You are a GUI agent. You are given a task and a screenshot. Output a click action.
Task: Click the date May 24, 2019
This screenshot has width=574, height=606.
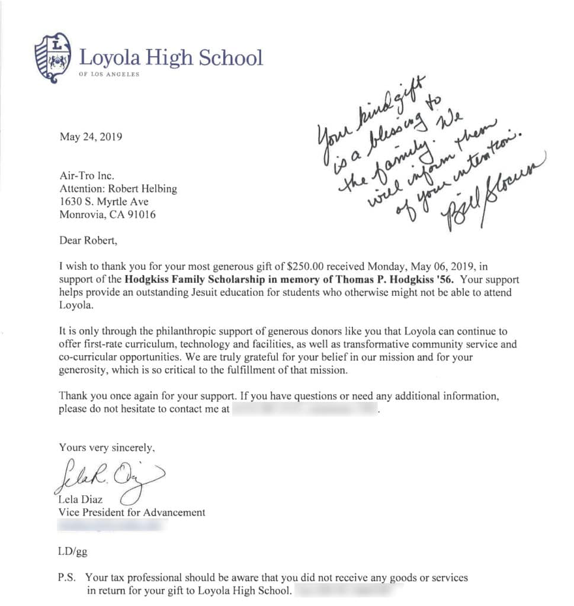point(91,137)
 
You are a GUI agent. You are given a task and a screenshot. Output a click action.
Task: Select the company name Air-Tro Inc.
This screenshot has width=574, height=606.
point(86,176)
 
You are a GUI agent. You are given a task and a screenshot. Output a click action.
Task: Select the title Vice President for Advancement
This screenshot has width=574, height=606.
point(132,512)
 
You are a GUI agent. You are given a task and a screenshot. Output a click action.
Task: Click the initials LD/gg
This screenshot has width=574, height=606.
point(73,552)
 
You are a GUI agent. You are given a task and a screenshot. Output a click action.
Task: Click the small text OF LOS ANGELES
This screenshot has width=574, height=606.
point(109,75)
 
